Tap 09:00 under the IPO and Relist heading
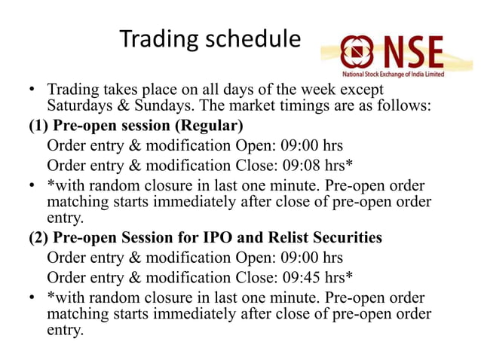click(x=293, y=256)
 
